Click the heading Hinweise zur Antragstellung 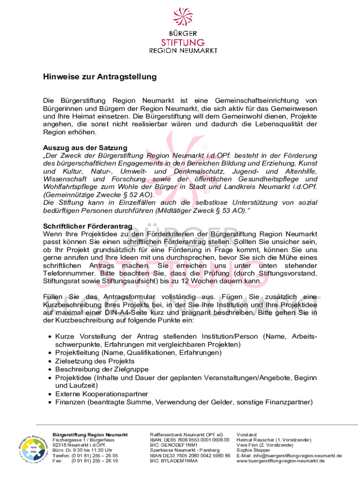click(x=100, y=76)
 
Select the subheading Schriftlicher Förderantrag click(x=88, y=226)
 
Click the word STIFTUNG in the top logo click(x=180, y=42)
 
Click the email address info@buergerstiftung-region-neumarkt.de click(x=289, y=456)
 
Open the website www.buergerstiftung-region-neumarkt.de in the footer click(x=281, y=461)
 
